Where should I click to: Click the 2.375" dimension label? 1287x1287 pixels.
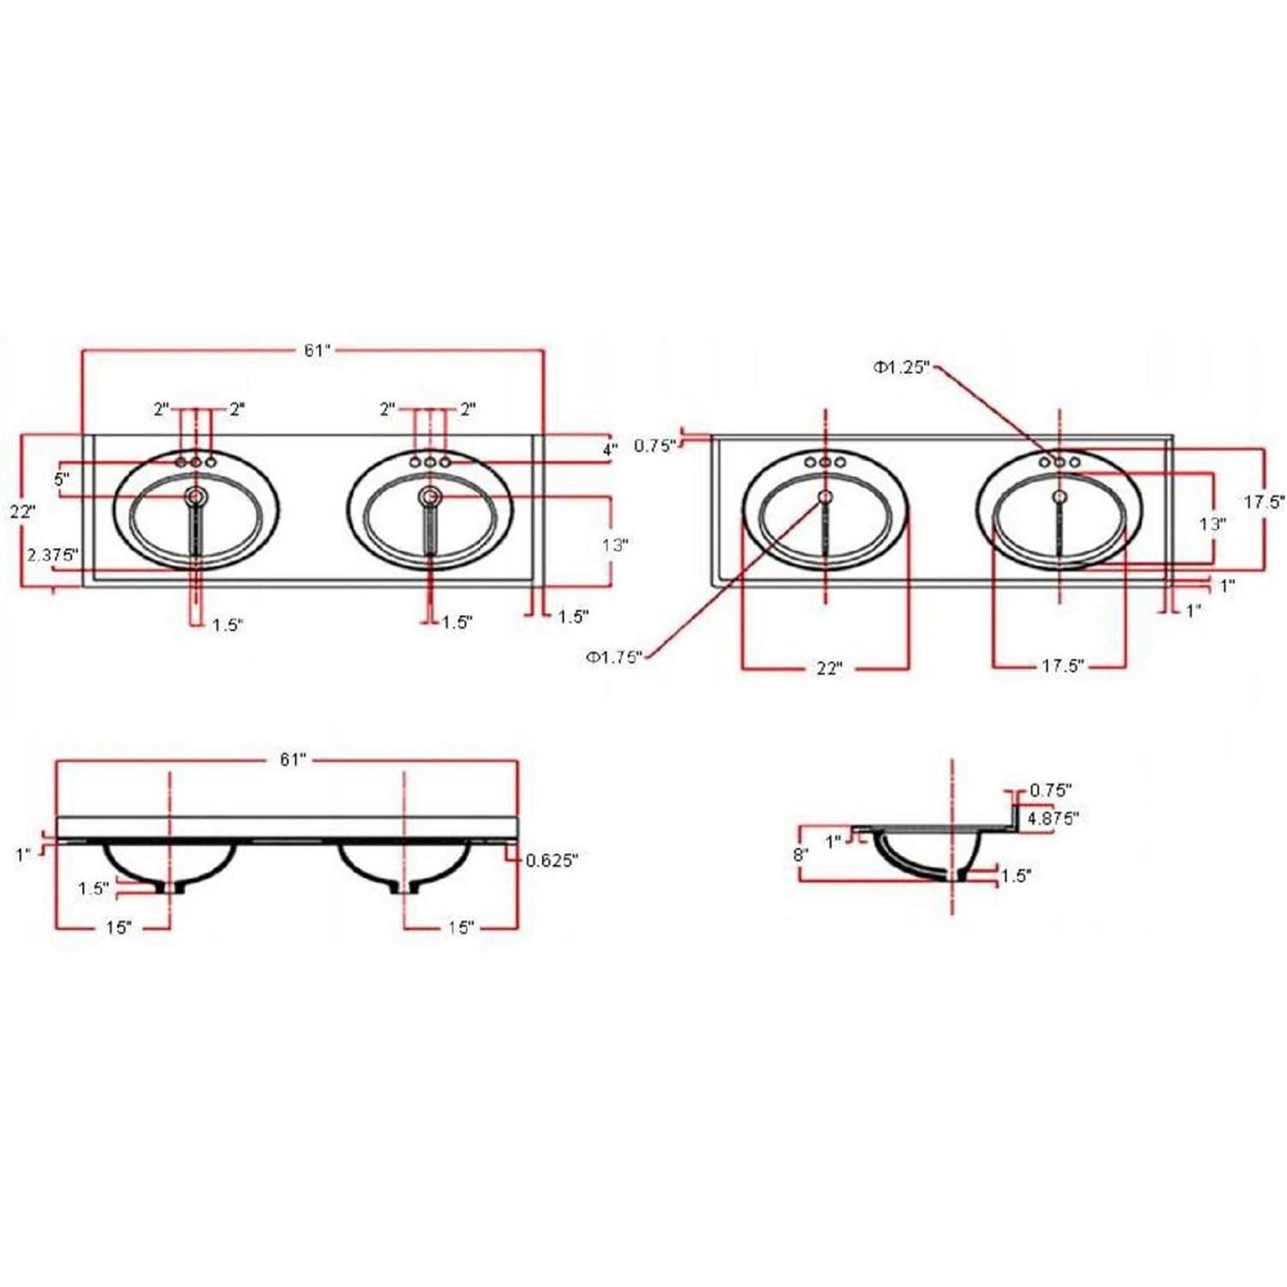pyautogui.click(x=52, y=555)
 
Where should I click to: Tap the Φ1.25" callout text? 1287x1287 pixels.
pyautogui.click(x=902, y=367)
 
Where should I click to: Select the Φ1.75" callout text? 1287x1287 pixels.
pyautogui.click(x=613, y=657)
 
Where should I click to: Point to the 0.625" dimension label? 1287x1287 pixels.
pyautogui.click(x=552, y=861)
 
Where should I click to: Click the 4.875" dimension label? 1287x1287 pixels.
pyautogui.click(x=1053, y=819)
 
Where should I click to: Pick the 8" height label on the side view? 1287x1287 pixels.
pyautogui.click(x=801, y=855)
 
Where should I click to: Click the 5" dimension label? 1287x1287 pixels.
pyautogui.click(x=63, y=480)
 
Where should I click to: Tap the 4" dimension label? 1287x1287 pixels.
pyautogui.click(x=610, y=449)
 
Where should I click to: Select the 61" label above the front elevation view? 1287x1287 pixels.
pyautogui.click(x=292, y=760)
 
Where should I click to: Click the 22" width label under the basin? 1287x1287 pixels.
pyautogui.click(x=829, y=668)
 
